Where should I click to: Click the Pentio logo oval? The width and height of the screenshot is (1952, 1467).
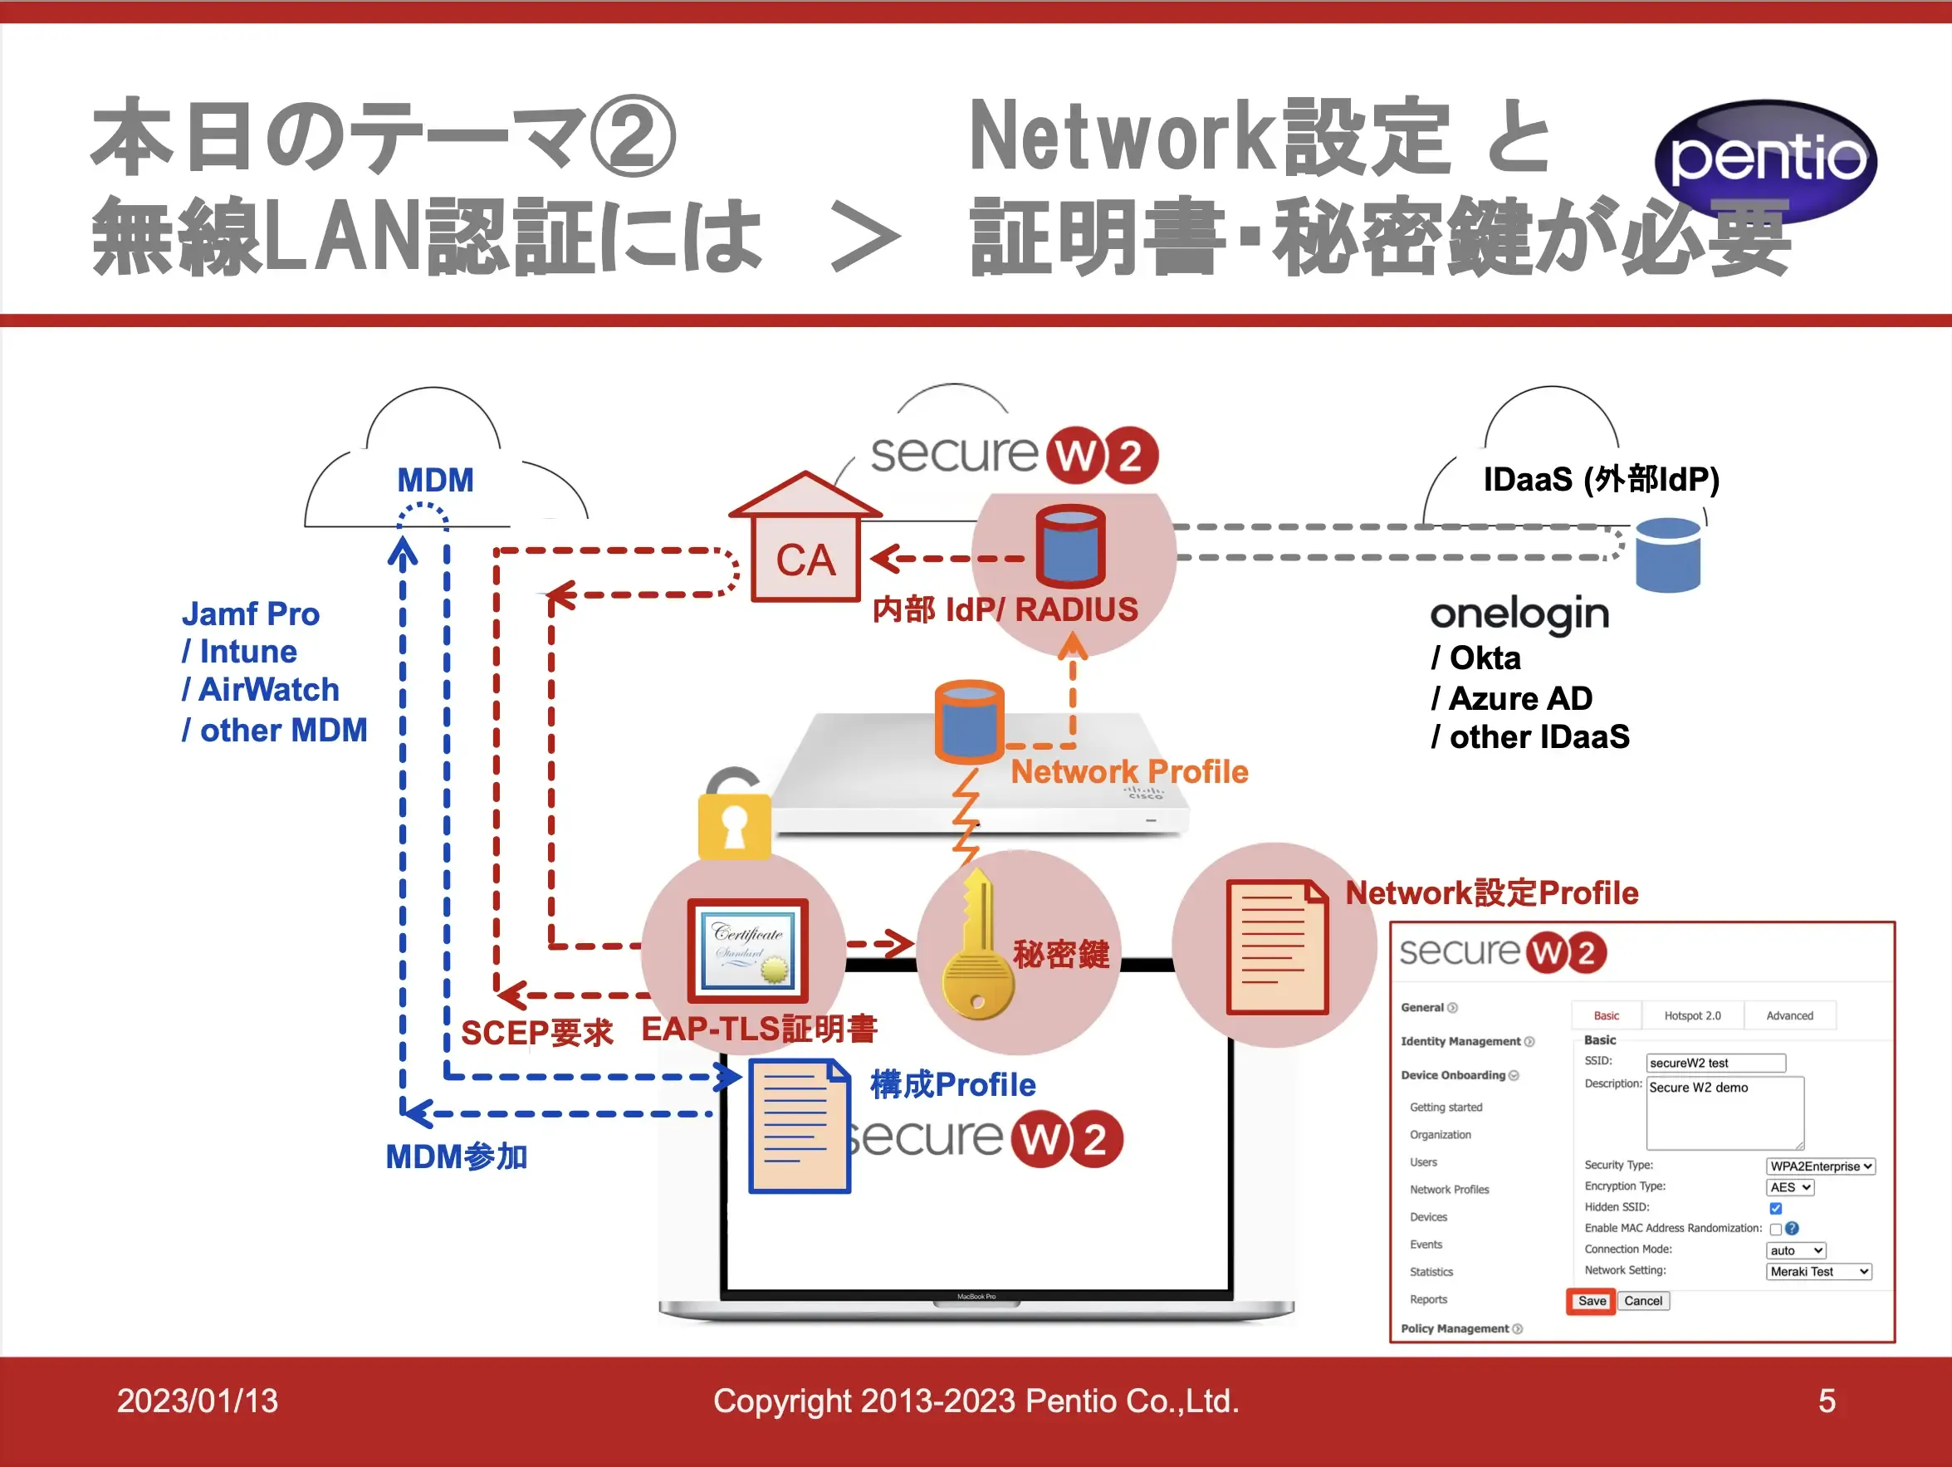[1765, 159]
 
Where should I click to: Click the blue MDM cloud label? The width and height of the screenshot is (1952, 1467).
[435, 480]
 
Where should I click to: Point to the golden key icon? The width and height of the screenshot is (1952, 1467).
[977, 948]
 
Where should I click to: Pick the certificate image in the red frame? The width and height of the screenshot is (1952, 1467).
[748, 950]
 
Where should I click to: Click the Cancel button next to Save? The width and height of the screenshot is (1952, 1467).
[1642, 1301]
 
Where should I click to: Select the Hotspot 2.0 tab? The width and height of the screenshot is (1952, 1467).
[1691, 1015]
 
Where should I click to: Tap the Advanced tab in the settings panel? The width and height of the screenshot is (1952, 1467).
[1788, 1015]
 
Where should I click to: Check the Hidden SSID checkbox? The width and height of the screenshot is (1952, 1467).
[1775, 1208]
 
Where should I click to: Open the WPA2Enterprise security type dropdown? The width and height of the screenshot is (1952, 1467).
[1821, 1166]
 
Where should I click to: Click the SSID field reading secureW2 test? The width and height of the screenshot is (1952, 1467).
[1715, 1063]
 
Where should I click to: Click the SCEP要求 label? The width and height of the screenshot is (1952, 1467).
[536, 1032]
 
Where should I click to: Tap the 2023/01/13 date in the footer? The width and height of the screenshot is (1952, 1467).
[198, 1401]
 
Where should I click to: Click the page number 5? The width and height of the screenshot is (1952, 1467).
[1827, 1401]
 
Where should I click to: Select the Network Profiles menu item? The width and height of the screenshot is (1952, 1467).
[1449, 1190]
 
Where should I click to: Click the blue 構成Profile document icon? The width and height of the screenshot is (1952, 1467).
[799, 1127]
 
